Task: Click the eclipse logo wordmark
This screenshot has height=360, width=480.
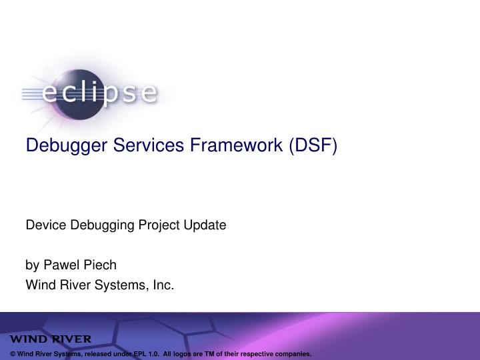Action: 100,93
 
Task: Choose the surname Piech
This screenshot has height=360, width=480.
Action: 100,265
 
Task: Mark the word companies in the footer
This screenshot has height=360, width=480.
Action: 291,353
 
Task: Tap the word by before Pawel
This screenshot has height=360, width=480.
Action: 31,265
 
